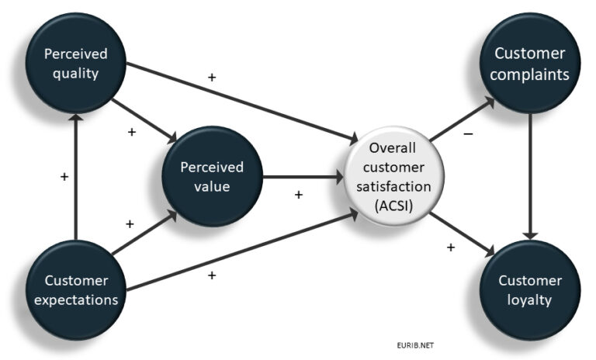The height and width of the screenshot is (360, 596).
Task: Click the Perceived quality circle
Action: tap(75, 63)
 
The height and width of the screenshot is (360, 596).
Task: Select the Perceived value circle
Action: tap(212, 176)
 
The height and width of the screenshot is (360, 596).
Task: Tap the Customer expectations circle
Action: tap(75, 289)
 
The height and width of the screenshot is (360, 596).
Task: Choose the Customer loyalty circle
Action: tap(532, 289)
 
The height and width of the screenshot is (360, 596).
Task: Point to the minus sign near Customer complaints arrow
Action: tap(467, 134)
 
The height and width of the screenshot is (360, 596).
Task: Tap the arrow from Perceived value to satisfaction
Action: tap(303, 177)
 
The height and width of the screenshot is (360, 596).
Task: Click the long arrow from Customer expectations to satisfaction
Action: tap(241, 254)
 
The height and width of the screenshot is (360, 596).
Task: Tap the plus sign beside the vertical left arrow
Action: tap(64, 177)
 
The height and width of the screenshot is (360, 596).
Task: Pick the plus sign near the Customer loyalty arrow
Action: tap(450, 247)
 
